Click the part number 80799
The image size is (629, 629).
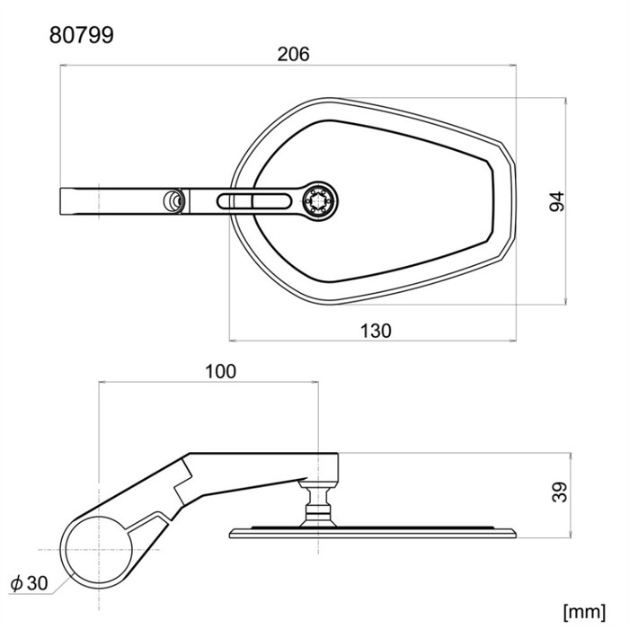click(x=82, y=35)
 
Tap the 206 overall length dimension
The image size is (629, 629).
click(x=293, y=54)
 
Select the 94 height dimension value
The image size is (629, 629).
click(x=557, y=201)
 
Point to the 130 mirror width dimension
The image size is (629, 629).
click(x=376, y=331)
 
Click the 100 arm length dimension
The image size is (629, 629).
click(x=221, y=371)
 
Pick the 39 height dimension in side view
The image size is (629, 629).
click(x=560, y=492)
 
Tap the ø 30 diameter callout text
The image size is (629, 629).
click(x=30, y=583)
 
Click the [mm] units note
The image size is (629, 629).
click(x=584, y=612)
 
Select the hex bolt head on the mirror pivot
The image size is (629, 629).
click(x=318, y=201)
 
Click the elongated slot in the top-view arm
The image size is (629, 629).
click(x=253, y=201)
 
